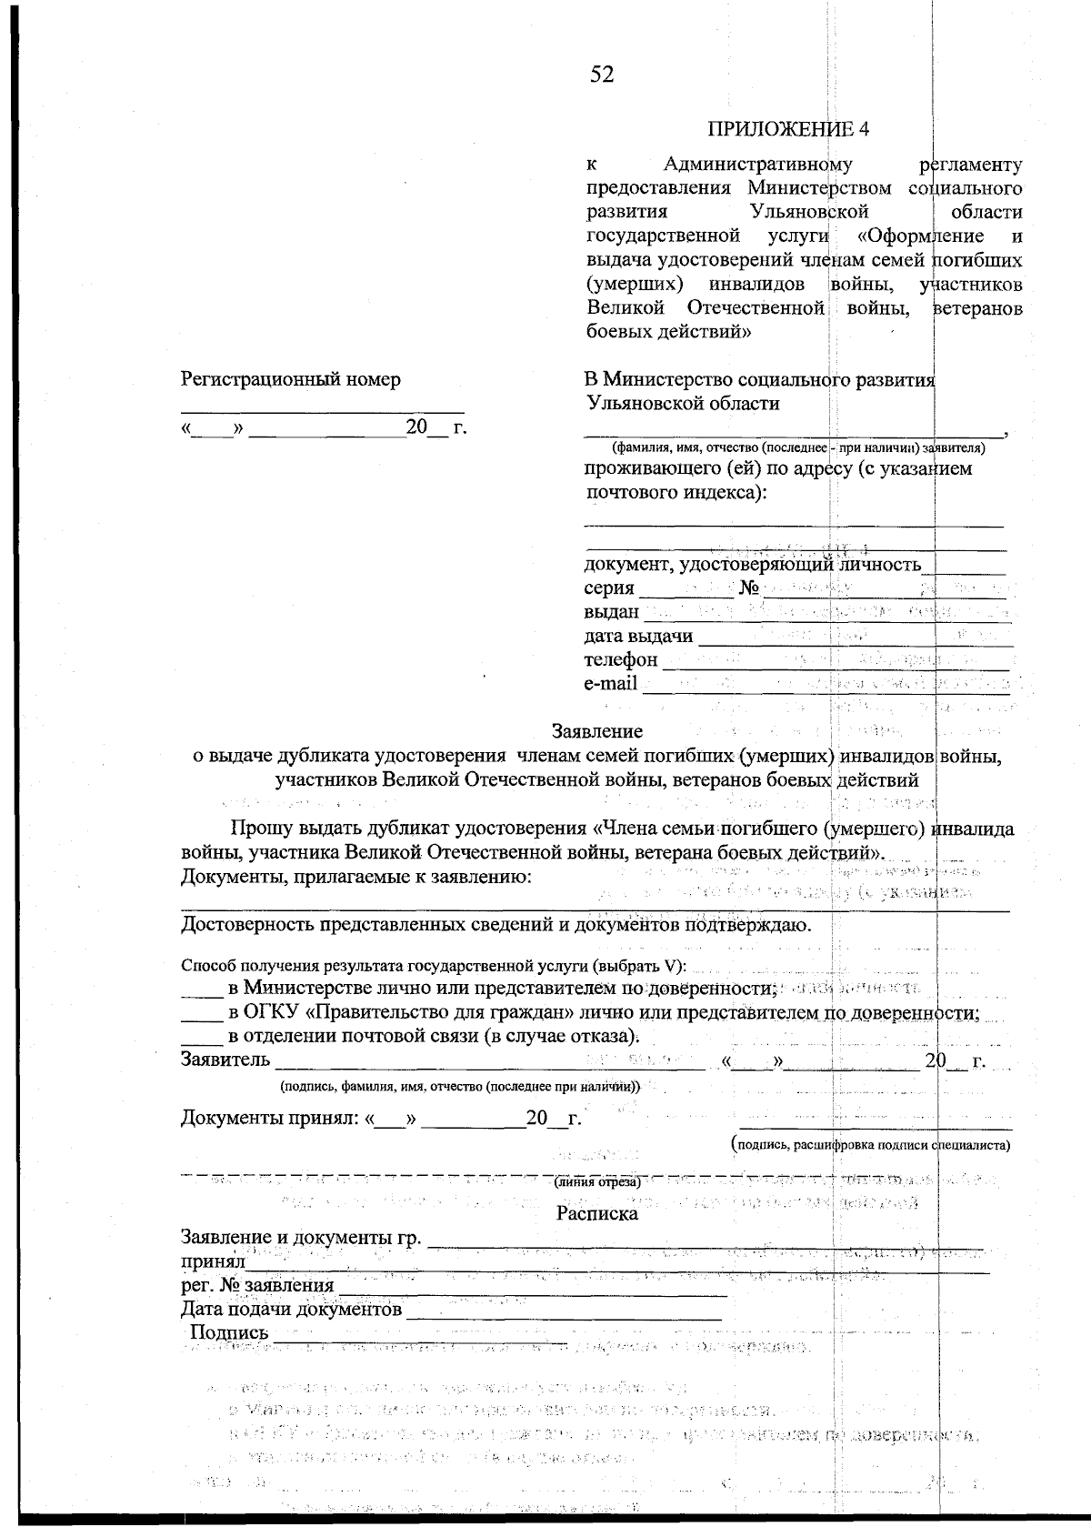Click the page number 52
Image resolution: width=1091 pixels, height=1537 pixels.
pyautogui.click(x=602, y=75)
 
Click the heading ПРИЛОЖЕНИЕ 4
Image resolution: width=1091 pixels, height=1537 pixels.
pyautogui.click(x=788, y=128)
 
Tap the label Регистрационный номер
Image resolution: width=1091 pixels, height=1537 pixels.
pyautogui.click(x=291, y=379)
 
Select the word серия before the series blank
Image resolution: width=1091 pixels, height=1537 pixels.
pyautogui.click(x=608, y=588)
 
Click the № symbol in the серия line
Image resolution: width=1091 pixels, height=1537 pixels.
pyautogui.click(x=749, y=588)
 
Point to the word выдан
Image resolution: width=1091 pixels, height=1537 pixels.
pyautogui.click(x=611, y=612)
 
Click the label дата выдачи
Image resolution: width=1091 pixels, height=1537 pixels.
pyautogui.click(x=637, y=636)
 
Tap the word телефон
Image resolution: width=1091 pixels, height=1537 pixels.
pyautogui.click(x=620, y=659)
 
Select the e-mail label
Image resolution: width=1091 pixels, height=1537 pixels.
pyautogui.click(x=610, y=683)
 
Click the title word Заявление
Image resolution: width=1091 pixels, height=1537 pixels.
pyautogui.click(x=597, y=731)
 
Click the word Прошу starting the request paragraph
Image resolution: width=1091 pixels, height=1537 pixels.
pyautogui.click(x=261, y=829)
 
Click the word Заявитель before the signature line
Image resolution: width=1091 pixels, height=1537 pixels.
pyautogui.click(x=225, y=1060)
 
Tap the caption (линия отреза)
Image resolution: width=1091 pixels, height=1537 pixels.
pyautogui.click(x=597, y=1182)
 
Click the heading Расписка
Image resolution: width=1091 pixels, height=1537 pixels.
pyautogui.click(x=596, y=1213)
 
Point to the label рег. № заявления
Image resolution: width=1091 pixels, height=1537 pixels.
pyautogui.click(x=257, y=1286)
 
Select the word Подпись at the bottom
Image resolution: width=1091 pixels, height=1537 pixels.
pyautogui.click(x=229, y=1332)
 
